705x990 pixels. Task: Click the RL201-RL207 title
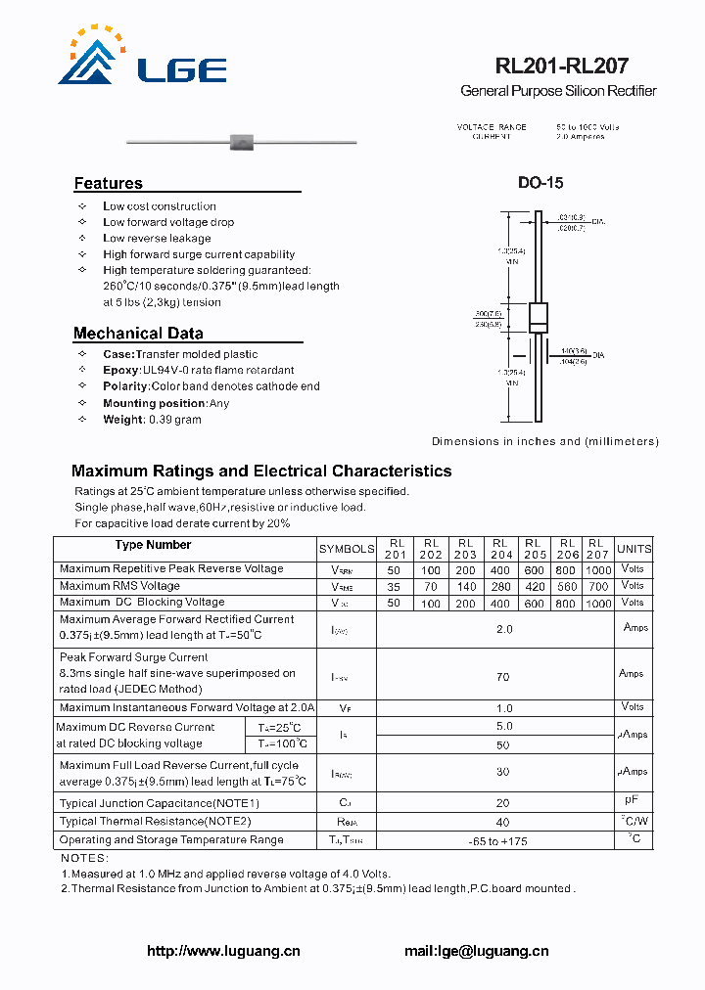(561, 67)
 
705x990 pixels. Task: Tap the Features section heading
(108, 183)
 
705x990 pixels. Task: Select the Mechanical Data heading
(138, 333)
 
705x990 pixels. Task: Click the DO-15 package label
(540, 183)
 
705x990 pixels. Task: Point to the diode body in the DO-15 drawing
(539, 319)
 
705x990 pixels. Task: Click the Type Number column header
(153, 546)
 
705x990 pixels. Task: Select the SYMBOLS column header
(347, 550)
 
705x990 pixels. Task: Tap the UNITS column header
(634, 550)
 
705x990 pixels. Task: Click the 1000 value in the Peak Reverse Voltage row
(597, 569)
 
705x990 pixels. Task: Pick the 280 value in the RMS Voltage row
(501, 587)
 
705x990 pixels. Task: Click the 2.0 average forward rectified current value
(504, 629)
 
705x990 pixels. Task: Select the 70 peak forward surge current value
(504, 676)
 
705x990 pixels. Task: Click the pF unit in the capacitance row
(634, 801)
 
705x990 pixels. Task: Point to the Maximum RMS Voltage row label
(119, 587)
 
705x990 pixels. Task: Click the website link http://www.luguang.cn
(223, 951)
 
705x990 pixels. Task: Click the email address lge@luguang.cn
(476, 951)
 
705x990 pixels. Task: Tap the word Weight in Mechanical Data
(123, 420)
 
